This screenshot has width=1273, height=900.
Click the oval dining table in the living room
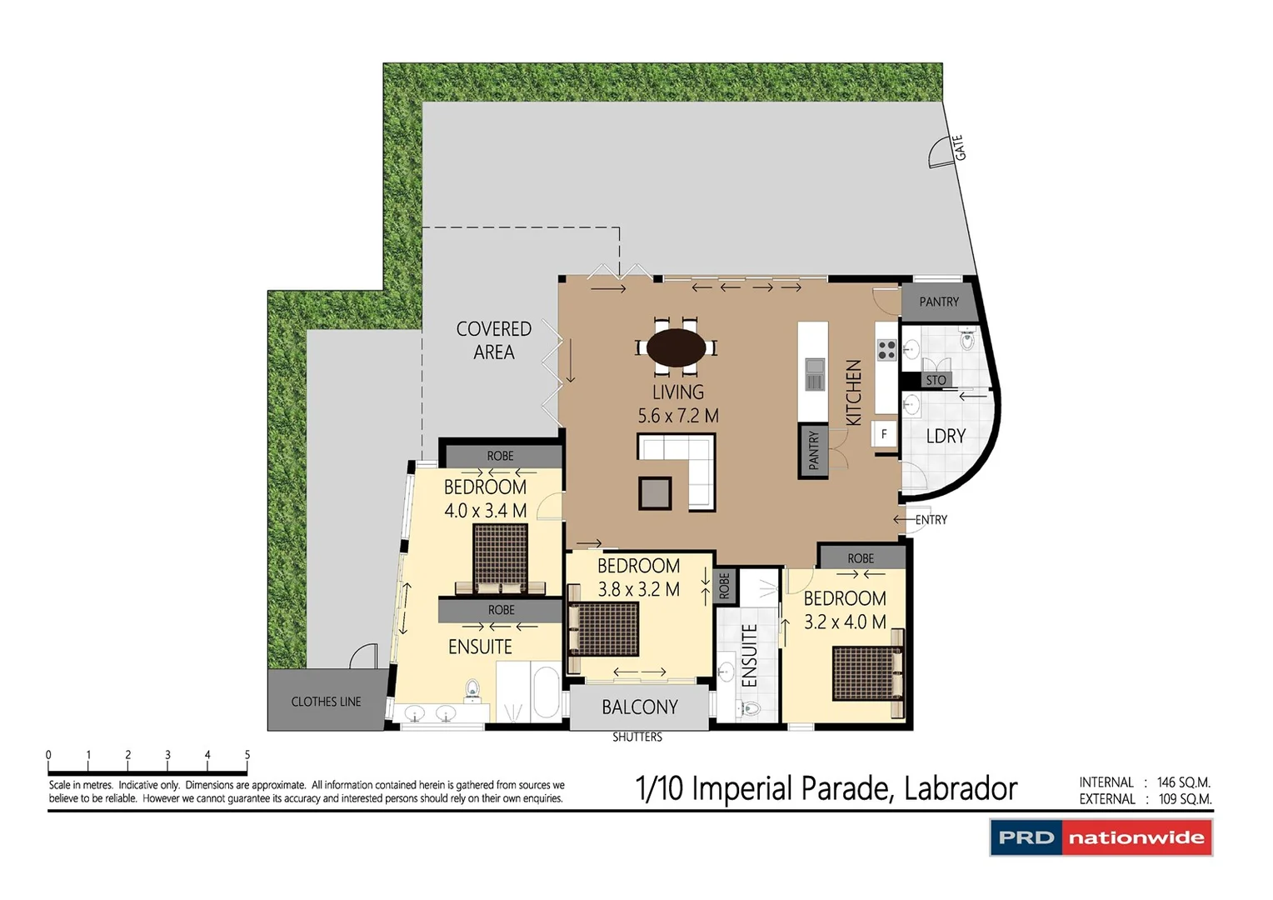(676, 348)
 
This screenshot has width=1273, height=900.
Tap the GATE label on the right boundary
(959, 147)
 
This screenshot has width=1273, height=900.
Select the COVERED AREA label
(493, 341)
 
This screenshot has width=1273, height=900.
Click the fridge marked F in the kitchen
(884, 433)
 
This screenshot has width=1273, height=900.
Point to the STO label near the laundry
(936, 380)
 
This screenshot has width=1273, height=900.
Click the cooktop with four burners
(886, 350)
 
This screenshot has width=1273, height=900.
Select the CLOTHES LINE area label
(326, 702)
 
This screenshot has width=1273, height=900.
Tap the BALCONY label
(640, 707)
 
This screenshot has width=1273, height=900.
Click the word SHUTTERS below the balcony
(637, 737)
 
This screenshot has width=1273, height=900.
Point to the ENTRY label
(931, 520)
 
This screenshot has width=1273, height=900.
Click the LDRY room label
(946, 436)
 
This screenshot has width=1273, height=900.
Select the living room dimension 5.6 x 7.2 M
(677, 416)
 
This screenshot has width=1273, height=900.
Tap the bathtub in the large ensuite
(546, 691)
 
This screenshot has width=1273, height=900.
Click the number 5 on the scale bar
(247, 755)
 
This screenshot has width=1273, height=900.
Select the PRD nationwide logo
(1101, 837)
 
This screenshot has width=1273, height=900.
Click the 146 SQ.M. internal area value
(1183, 782)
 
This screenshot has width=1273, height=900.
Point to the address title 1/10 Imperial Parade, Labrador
(826, 788)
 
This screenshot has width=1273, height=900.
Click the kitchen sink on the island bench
(814, 374)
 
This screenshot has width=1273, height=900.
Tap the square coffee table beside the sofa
(655, 493)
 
